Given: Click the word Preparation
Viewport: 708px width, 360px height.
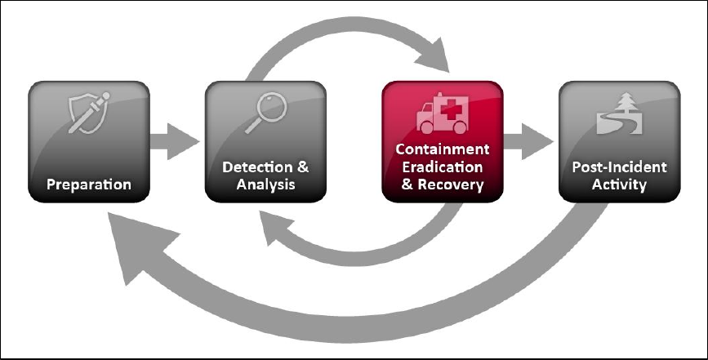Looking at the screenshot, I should (88, 184).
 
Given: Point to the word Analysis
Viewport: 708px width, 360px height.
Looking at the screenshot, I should (265, 184).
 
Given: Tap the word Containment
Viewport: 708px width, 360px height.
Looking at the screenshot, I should (442, 150).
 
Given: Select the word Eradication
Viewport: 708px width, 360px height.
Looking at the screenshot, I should (442, 167).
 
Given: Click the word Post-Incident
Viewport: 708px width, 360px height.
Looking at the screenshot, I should (617, 168).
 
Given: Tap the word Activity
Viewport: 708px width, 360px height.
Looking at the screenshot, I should (617, 184).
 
